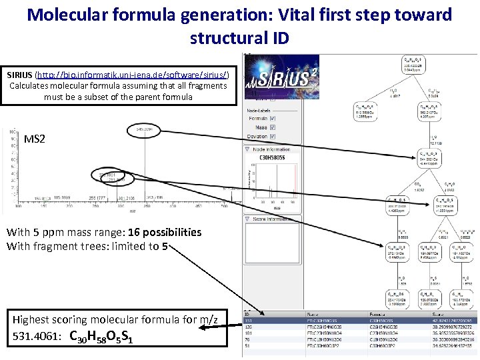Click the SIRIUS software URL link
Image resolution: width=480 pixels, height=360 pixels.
coord(131,75)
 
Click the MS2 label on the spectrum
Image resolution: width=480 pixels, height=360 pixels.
coord(35,139)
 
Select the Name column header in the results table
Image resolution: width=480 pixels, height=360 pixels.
coord(313,313)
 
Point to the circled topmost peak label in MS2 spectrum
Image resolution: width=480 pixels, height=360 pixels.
coord(145,128)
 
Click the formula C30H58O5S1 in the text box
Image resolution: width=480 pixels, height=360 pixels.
coord(101,337)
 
